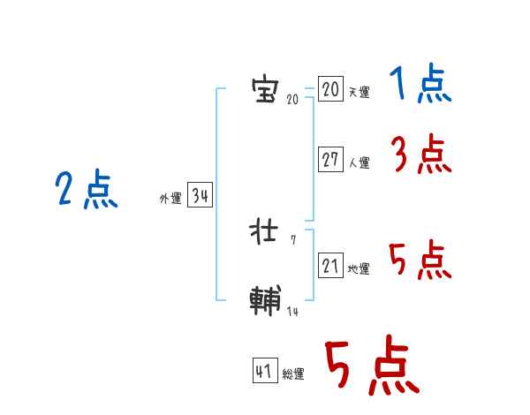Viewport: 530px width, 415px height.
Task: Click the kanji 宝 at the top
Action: (264, 90)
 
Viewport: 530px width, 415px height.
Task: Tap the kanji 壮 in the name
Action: (264, 230)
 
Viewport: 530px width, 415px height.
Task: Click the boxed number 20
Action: (330, 89)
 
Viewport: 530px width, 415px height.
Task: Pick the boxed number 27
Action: (330, 160)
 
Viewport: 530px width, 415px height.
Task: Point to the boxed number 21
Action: (330, 266)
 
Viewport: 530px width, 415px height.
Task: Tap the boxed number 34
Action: (200, 196)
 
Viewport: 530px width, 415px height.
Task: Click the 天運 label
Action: (359, 92)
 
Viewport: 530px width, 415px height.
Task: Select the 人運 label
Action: (359, 162)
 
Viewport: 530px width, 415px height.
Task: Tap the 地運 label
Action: (359, 268)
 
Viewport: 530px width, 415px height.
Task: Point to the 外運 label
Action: (170, 199)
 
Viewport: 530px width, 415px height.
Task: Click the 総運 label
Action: (293, 374)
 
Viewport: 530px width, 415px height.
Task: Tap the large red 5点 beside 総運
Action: (371, 366)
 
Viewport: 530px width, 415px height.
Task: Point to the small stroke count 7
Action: (293, 239)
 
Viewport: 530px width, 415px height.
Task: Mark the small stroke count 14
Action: (292, 311)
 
